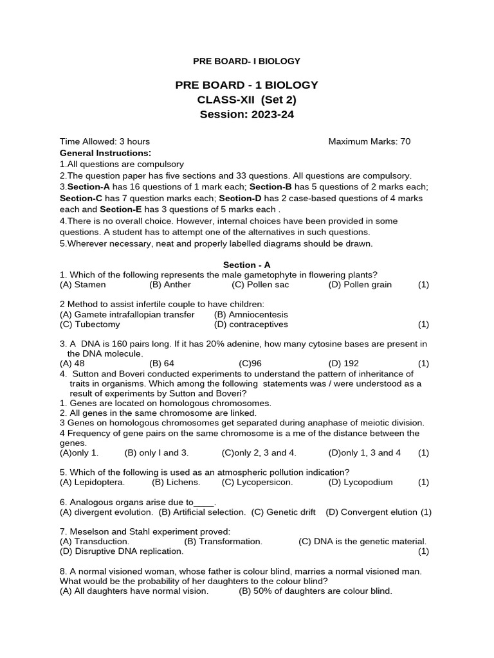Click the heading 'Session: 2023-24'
pos(246,115)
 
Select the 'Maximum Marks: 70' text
pos(369,141)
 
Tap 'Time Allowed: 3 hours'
pos(105,141)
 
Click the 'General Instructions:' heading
pos(105,153)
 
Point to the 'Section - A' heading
pos(247,264)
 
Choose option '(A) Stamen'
pos(83,284)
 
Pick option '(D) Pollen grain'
pos(360,284)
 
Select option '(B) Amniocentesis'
pos(251,314)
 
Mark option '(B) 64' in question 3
pos(161,363)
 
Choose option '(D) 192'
pos(343,363)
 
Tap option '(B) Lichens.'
pos(176,482)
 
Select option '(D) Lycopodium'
pos(360,482)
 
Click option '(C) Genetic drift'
pos(283,512)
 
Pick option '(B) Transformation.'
pos(223,542)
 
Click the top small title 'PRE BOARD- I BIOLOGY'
pos(247,61)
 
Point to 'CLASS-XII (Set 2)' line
pos(246,100)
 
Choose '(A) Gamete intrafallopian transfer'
pos(127,314)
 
